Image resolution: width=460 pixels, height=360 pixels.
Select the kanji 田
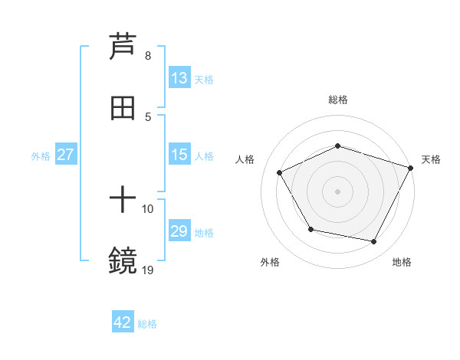[123, 108]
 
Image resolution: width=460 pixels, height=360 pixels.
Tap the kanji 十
[123, 201]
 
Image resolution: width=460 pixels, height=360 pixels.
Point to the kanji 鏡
[123, 261]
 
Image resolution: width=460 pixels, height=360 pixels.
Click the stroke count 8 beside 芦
[148, 56]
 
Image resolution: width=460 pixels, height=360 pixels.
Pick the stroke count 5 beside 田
[148, 116]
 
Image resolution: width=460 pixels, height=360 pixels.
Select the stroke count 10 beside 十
[148, 208]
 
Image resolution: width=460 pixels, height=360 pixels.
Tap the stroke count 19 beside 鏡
[148, 269]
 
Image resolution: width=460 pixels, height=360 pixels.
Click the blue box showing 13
[179, 78]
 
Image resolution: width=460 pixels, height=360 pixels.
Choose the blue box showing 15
[179, 155]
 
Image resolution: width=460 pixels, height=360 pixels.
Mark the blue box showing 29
[179, 231]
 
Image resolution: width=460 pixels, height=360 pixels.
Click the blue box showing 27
[66, 155]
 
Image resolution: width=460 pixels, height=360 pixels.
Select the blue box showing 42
[123, 322]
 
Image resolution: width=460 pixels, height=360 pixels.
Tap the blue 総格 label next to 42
[147, 324]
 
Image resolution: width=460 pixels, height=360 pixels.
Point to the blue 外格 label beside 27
[41, 156]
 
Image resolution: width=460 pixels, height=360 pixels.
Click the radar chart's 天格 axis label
[431, 159]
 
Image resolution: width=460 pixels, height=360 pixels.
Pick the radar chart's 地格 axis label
[402, 262]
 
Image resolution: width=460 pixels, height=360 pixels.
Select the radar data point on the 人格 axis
[279, 173]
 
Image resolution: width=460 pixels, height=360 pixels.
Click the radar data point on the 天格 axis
[411, 168]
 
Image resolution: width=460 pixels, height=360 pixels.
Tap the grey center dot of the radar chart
[337, 191]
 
